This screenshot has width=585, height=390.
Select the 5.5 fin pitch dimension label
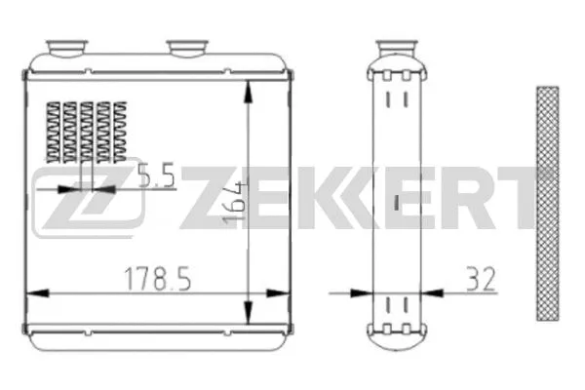[x=156, y=176]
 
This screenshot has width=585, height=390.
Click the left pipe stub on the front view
[x=65, y=47]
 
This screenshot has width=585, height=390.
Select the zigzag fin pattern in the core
[x=85, y=132]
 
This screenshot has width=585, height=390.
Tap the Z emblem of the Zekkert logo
[x=88, y=200]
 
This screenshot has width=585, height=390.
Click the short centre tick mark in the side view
[x=396, y=202]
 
